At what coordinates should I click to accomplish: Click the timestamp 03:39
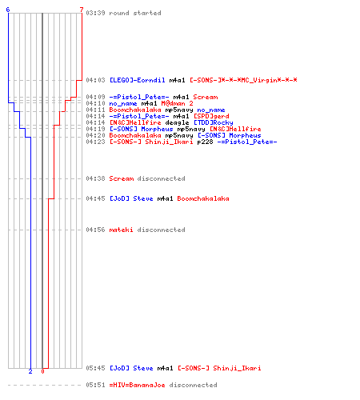(95, 13)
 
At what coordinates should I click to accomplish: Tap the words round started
(135, 13)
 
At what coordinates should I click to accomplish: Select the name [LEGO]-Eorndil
(138, 80)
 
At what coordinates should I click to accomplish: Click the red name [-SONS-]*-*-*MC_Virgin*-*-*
(243, 80)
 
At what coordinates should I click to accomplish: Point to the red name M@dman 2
(177, 103)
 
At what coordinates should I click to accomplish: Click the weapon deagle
(177, 122)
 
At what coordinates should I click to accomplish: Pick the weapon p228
(205, 142)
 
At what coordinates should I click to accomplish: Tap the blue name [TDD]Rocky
(214, 122)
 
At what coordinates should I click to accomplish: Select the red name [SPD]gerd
(211, 116)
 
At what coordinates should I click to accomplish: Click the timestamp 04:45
(95, 198)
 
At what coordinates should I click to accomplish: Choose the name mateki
(121, 230)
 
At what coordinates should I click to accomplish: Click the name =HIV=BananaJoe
(137, 385)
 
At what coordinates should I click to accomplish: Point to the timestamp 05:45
(95, 368)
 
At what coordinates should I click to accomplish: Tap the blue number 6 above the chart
(8, 10)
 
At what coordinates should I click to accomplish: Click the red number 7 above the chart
(82, 10)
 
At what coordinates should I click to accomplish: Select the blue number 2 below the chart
(30, 371)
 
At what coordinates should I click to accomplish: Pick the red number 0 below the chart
(42, 371)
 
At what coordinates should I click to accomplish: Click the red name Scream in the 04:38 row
(122, 178)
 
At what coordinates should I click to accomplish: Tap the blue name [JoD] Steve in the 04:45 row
(131, 198)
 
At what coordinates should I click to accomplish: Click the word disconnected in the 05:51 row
(193, 385)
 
